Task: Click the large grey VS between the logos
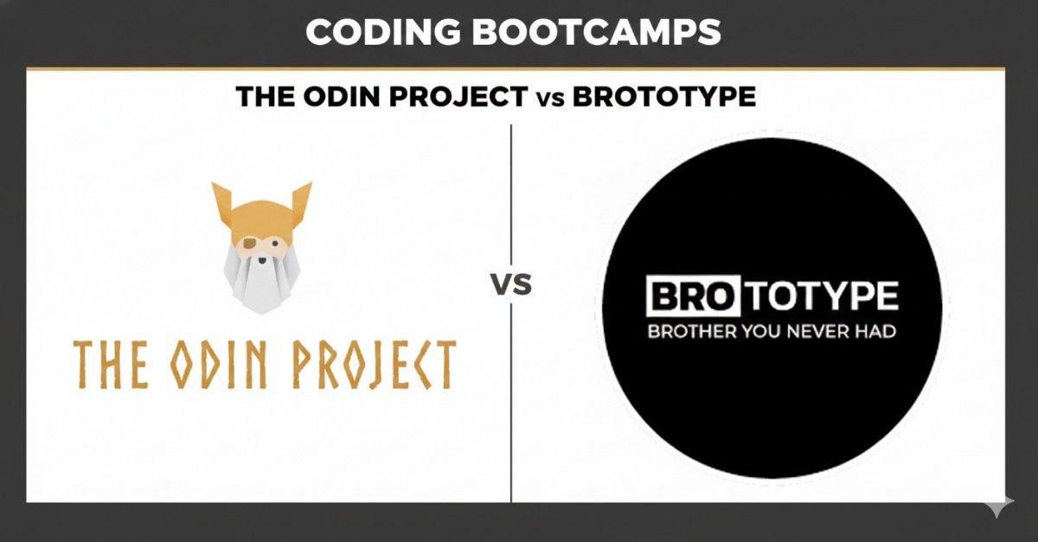tap(512, 284)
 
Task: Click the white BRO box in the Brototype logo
tap(684, 297)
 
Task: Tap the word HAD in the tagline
tap(877, 331)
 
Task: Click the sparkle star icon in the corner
tap(998, 506)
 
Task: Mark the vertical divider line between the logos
tap(511, 389)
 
